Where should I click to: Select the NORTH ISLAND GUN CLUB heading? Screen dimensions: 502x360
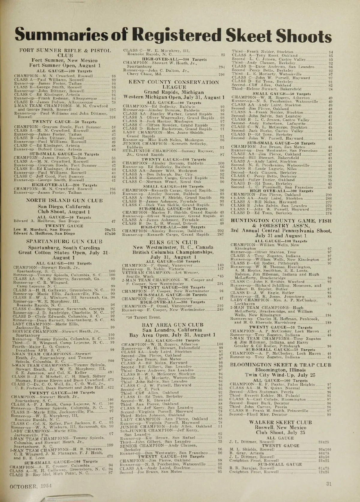[x=64, y=200]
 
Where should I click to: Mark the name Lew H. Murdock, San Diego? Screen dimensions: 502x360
[x=42, y=230]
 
